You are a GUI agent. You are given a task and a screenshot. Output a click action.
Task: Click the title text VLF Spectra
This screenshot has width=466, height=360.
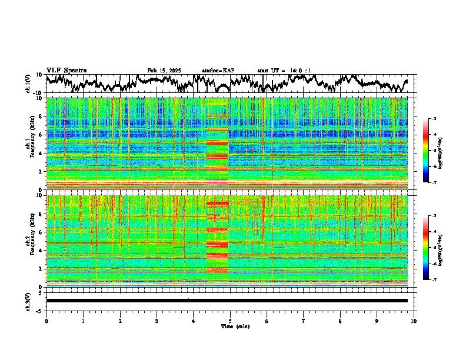point(66,71)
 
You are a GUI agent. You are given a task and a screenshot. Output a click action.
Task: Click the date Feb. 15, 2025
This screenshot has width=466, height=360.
point(164,71)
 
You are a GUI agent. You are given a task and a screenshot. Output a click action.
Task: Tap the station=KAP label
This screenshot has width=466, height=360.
point(218,71)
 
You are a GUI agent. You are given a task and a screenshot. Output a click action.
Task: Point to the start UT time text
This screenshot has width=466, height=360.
point(284,71)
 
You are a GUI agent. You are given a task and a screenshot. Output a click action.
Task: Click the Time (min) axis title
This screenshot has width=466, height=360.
point(235,326)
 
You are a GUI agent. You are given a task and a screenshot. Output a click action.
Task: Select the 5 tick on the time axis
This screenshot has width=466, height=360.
point(230,321)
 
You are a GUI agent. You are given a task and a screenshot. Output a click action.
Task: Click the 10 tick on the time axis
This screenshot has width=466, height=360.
point(414,321)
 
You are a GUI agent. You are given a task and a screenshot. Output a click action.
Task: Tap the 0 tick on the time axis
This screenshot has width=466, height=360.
point(46,321)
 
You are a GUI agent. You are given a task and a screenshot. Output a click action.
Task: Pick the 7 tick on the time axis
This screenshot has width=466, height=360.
point(304,321)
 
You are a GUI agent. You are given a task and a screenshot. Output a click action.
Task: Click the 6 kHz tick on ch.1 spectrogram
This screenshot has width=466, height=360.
point(41,135)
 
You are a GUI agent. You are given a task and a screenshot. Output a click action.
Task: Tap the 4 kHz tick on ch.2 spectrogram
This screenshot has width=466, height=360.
point(41,250)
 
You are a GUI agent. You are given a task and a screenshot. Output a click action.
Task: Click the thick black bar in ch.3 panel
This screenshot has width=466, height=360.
point(227,301)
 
